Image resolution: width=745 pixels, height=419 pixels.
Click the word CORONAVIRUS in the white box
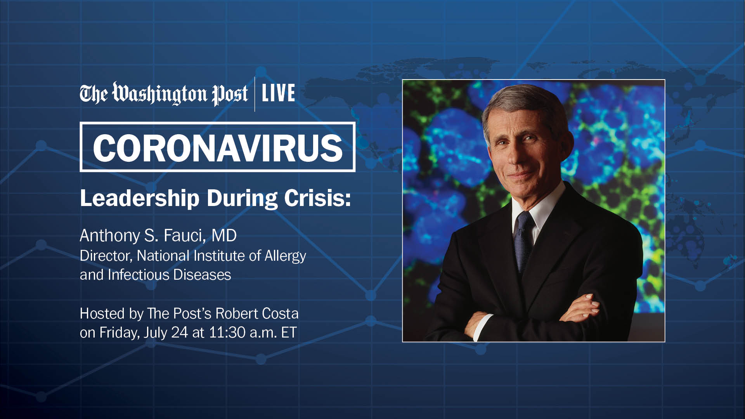click(x=218, y=148)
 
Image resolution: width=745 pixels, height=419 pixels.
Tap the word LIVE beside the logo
click(x=278, y=93)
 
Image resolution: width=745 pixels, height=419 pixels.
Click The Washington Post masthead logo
click(x=163, y=94)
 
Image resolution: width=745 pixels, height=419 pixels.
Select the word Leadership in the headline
click(x=140, y=198)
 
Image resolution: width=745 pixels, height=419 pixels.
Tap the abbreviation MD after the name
click(x=224, y=235)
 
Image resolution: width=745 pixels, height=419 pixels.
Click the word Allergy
click(x=285, y=256)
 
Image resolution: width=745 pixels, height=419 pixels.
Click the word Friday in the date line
click(x=119, y=333)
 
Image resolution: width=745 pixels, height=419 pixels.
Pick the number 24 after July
click(x=179, y=332)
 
